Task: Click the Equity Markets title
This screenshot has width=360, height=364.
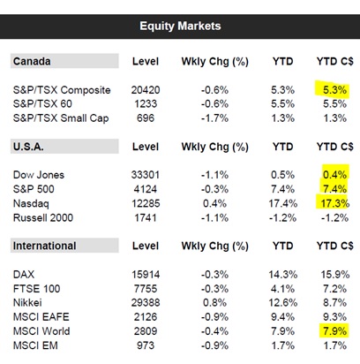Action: coord(180,26)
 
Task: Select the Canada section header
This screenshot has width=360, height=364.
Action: coord(32,61)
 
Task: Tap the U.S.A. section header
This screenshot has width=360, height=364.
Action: coord(28,147)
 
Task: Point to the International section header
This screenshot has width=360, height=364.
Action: coord(44,246)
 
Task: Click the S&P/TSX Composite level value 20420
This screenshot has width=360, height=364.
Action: coord(146,90)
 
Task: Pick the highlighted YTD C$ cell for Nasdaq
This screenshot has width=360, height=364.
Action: coord(333,203)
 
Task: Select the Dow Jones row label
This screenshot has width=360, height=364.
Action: coord(39,175)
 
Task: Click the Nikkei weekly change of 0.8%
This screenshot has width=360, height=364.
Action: coord(214,302)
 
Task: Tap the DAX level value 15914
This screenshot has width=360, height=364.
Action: coord(146,275)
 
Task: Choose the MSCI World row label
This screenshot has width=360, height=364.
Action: coord(41,331)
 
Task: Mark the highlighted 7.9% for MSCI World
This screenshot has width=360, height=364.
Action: coord(334,330)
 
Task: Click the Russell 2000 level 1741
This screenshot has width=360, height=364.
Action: coord(146,218)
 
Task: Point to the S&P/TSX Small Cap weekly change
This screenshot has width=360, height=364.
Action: coord(214,118)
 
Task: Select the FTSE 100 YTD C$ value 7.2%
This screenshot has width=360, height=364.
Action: coord(334,289)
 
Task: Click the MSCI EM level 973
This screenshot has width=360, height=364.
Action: coord(146,345)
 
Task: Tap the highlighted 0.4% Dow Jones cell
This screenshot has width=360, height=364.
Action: coord(335,173)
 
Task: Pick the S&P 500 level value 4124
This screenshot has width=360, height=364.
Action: coord(146,189)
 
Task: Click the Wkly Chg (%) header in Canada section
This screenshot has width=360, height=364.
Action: coord(215,62)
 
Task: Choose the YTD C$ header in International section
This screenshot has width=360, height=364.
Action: coord(335,246)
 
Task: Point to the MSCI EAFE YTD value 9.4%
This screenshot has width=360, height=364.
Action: coord(282,317)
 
